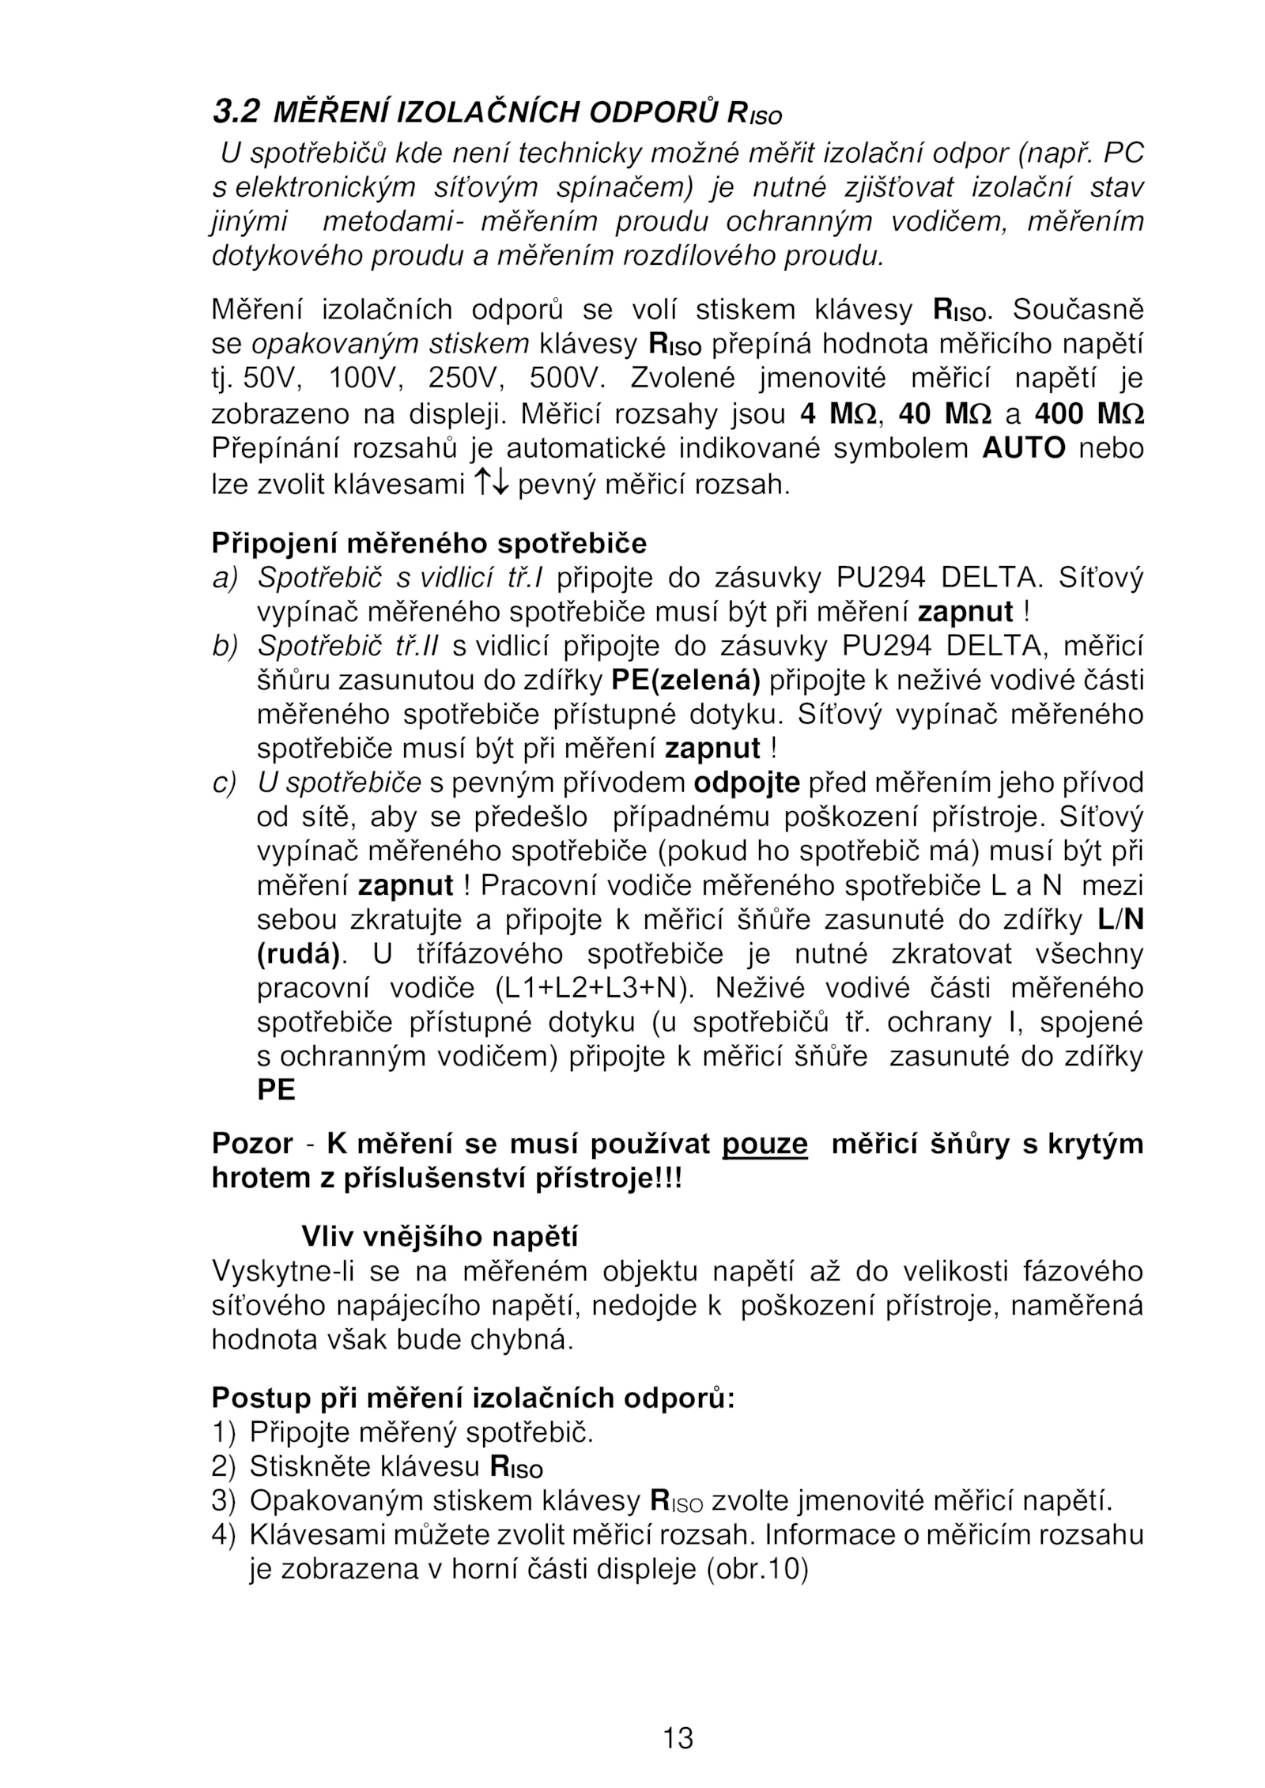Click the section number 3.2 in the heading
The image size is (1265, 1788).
pos(235,112)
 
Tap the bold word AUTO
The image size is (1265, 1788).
pos(1023,449)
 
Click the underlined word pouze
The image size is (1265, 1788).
pos(765,1144)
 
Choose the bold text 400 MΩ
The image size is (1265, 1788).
pos(1089,414)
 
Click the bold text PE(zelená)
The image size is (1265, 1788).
pos(685,681)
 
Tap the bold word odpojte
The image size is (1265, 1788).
pos(746,783)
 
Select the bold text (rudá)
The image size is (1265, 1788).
pos(298,955)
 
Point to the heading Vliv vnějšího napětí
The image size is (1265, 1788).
pos(440,1236)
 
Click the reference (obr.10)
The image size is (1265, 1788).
pos(756,1570)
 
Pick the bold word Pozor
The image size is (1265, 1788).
pos(252,1144)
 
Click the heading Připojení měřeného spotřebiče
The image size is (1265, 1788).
pos(429,544)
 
